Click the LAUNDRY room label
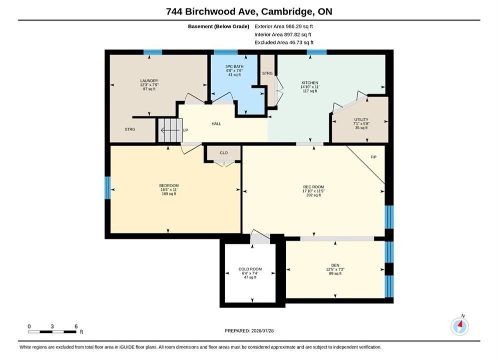(x=149, y=81)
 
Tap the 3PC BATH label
(x=234, y=66)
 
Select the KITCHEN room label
(x=310, y=83)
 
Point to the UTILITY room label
(x=361, y=119)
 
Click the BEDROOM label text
(x=169, y=185)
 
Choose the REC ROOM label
(x=313, y=187)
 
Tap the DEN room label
(x=335, y=265)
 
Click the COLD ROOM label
(x=250, y=269)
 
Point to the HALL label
(x=216, y=123)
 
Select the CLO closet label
(x=224, y=153)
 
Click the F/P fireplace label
(x=373, y=157)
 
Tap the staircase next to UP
(x=170, y=130)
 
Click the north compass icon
(x=460, y=325)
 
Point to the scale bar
(x=52, y=332)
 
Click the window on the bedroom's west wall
(x=108, y=188)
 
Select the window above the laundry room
(x=153, y=52)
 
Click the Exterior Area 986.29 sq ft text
(x=284, y=26)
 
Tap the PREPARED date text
(x=249, y=331)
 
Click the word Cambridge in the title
(x=286, y=11)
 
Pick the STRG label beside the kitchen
(x=267, y=73)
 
